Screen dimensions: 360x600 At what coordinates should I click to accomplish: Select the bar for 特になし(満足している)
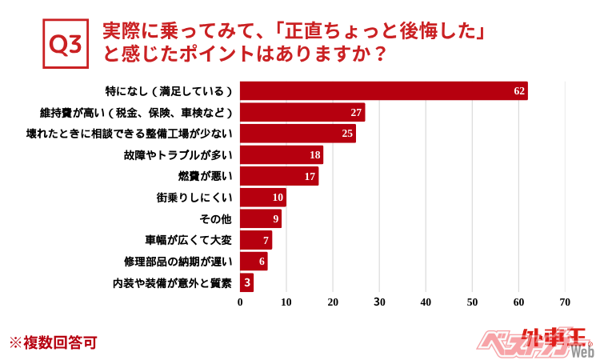383,91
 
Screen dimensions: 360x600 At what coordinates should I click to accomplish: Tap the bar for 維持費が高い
302,112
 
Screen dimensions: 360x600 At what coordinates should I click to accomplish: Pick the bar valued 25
298,134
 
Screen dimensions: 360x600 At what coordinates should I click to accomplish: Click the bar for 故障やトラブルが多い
281,155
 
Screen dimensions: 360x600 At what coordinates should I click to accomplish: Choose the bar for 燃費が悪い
279,176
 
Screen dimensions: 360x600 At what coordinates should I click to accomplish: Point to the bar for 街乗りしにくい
262,198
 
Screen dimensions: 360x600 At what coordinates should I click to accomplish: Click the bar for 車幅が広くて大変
256,240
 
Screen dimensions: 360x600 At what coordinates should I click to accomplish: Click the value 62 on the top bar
519,91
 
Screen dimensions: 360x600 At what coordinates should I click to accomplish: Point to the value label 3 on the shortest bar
248,282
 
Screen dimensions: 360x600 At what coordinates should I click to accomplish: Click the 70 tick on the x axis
565,302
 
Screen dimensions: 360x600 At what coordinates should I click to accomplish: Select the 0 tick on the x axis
240,302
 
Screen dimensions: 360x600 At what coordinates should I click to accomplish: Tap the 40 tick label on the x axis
426,302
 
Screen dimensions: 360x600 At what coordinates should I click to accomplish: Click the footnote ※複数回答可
53,342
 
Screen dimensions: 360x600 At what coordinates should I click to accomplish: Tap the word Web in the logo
582,351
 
